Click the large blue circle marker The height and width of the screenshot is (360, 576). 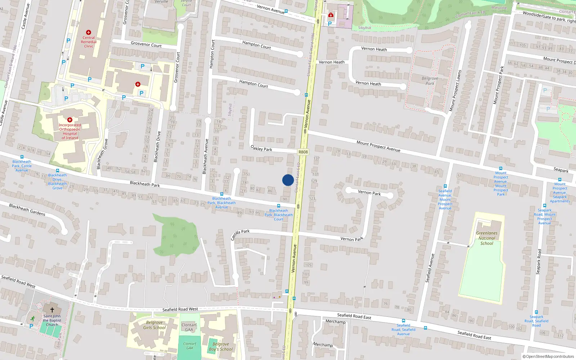(x=288, y=180)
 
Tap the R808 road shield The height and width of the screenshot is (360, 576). (x=303, y=152)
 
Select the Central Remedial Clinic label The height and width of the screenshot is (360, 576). (x=89, y=42)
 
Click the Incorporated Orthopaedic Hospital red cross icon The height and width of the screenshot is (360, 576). (x=70, y=120)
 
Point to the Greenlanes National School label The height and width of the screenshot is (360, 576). (x=487, y=238)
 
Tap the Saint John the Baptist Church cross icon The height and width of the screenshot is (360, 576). (x=52, y=310)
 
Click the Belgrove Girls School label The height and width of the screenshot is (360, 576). (x=154, y=325)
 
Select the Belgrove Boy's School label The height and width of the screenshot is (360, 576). (x=221, y=346)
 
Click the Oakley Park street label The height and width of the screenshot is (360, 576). (x=261, y=148)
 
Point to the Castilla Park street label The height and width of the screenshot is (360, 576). (x=240, y=235)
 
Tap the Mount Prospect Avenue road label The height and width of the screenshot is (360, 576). (x=378, y=146)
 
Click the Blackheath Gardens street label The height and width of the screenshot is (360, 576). (x=27, y=210)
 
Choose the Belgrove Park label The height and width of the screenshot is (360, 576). (x=430, y=81)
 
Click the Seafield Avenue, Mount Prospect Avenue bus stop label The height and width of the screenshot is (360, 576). (x=445, y=199)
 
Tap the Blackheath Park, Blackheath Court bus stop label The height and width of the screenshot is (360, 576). (x=279, y=215)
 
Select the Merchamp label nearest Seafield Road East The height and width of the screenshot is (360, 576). (x=335, y=321)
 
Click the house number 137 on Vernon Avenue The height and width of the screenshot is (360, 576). (x=316, y=158)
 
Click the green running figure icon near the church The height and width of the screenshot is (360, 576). (x=33, y=318)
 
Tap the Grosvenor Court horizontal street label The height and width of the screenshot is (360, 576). (x=146, y=44)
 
